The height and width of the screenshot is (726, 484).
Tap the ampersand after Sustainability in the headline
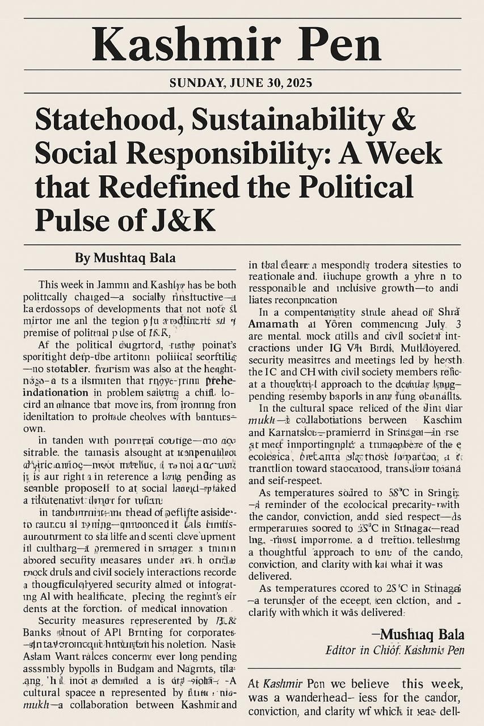[404, 120]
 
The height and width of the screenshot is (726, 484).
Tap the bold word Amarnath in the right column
[275, 323]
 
